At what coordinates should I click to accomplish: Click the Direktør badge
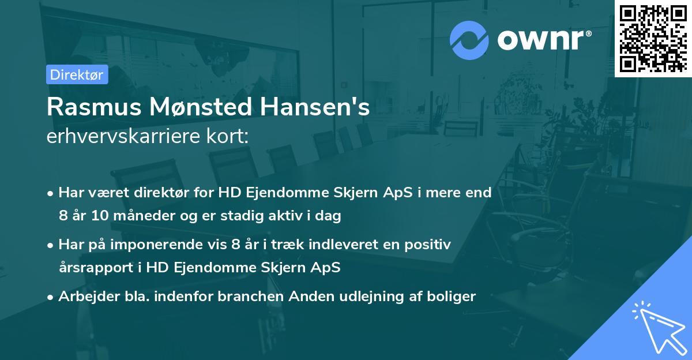click(x=77, y=74)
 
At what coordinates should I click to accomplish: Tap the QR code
click(x=653, y=38)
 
